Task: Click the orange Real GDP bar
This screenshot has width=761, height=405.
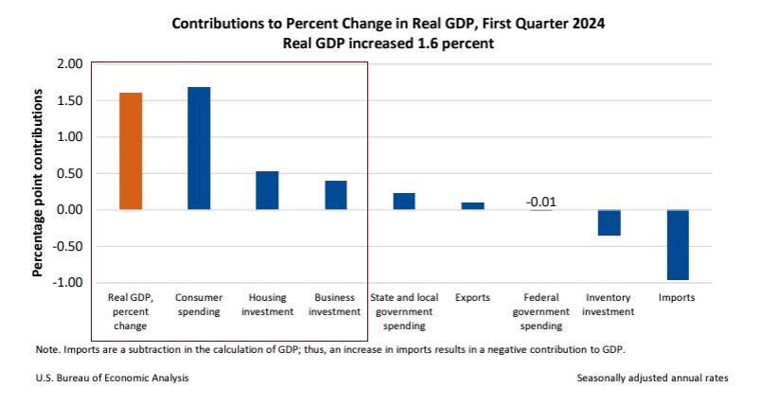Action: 131,151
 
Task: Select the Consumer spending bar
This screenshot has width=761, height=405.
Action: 199,149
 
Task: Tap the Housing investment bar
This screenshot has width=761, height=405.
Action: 267,190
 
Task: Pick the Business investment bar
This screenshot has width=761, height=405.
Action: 336,195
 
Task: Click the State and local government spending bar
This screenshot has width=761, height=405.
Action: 404,201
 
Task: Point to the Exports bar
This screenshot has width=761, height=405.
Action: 472,205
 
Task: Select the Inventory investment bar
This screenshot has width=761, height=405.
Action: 609,222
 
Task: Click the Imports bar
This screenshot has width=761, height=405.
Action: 677,245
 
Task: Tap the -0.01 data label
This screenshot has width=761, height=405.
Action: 540,201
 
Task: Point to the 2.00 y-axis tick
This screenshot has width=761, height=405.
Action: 71,64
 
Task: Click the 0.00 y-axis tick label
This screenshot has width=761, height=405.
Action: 71,210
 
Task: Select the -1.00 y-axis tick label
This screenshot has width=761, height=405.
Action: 69,283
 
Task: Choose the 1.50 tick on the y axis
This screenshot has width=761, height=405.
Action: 71,100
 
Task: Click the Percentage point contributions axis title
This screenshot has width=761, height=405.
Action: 39,184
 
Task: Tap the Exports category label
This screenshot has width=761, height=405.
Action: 472,297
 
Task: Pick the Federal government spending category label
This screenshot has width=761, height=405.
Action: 540,311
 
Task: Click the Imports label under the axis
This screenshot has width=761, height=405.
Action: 677,297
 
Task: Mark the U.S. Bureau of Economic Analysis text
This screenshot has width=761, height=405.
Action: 112,378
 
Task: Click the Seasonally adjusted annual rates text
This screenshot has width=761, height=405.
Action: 652,378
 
